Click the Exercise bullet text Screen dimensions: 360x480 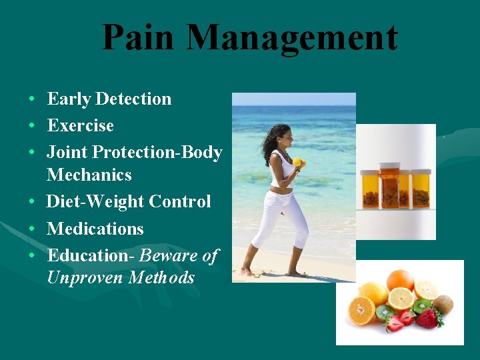coord(80,125)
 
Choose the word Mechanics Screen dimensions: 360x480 coord(89,175)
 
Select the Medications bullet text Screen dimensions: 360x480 coord(95,229)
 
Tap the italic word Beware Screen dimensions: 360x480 coord(169,255)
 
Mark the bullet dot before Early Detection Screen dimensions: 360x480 coord(32,99)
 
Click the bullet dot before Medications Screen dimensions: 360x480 coord(32,229)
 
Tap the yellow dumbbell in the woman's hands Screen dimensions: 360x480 coord(297,162)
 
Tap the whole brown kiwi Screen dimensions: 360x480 coord(442,304)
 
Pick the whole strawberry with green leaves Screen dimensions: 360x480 coord(428,318)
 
